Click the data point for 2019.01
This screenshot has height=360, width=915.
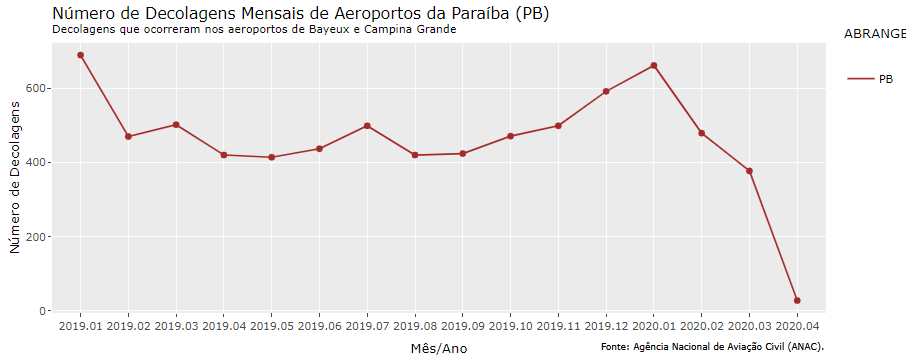coord(80,55)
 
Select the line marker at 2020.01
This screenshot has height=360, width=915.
coord(653,66)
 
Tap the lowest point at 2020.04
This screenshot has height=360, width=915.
coord(797,300)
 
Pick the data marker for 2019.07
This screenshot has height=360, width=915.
coord(367,126)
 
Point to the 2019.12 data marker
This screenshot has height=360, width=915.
coord(606,91)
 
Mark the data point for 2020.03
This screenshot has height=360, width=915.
coord(749,171)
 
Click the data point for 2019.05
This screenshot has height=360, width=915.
coord(271,157)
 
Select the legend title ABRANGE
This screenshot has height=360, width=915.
coord(875,33)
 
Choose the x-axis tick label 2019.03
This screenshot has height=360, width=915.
coord(176,326)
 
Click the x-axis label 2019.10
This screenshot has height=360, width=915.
coord(510,326)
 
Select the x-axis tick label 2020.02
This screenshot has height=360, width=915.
coord(701,326)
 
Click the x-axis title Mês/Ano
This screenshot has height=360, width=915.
coord(438,348)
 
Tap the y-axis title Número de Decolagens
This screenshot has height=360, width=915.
coord(14,182)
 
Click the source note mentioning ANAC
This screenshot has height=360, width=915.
coord(712,347)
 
